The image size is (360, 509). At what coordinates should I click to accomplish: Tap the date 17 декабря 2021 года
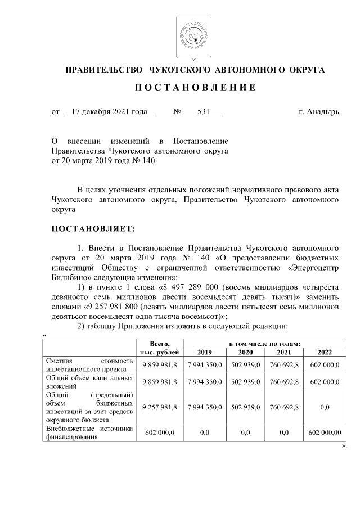(109, 112)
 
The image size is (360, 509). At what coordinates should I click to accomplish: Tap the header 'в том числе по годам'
(264, 343)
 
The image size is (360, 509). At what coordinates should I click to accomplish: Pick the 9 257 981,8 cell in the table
(160, 407)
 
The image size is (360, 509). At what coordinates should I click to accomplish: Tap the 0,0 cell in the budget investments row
(325, 407)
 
